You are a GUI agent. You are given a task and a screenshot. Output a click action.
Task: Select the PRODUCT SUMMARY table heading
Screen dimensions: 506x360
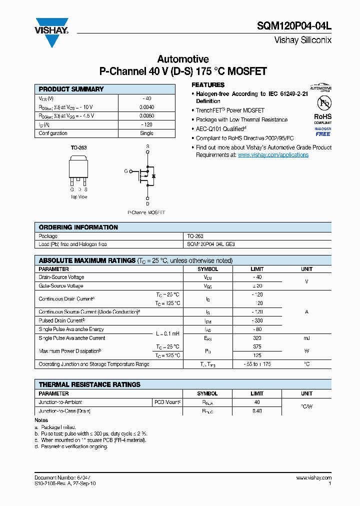[x=71, y=89]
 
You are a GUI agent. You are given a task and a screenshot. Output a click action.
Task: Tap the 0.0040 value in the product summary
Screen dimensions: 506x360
[x=146, y=107]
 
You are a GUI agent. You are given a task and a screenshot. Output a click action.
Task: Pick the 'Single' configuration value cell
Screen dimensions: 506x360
[x=146, y=133]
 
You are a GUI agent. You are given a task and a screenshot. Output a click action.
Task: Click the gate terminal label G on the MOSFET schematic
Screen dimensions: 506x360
[x=126, y=171]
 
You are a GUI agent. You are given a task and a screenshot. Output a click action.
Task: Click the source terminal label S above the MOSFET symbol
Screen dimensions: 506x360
[x=147, y=146]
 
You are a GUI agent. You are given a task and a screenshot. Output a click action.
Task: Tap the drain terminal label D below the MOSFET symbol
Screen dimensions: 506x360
[x=147, y=203]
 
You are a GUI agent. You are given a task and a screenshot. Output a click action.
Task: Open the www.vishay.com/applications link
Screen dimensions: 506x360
[x=273, y=155]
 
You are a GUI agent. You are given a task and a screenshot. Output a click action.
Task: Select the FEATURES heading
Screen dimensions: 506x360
[x=208, y=85]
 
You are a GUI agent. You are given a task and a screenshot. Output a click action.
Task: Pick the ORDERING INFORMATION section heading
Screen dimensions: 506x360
[x=78, y=227]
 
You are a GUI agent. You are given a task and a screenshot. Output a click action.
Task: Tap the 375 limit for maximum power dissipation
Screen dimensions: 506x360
[x=257, y=346]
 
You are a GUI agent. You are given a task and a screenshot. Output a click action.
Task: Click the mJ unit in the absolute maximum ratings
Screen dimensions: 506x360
[x=306, y=338]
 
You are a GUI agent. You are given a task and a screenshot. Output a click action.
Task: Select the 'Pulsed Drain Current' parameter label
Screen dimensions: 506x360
[x=61, y=320]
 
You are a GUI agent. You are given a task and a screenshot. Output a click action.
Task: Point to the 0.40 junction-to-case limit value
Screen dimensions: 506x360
[x=257, y=411]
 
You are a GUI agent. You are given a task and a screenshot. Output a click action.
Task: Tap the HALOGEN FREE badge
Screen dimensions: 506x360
[x=323, y=131]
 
